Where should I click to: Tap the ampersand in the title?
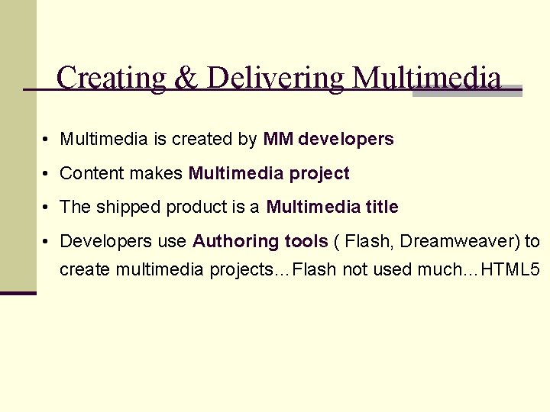point(186,78)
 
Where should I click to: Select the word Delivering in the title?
point(274,78)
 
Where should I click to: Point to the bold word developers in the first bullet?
point(346,139)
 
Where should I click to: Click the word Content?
point(92,173)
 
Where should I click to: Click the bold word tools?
point(306,241)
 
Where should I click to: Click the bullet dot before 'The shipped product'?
point(47,208)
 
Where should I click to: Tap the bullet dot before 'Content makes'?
point(47,174)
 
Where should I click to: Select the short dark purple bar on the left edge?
point(18,293)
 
